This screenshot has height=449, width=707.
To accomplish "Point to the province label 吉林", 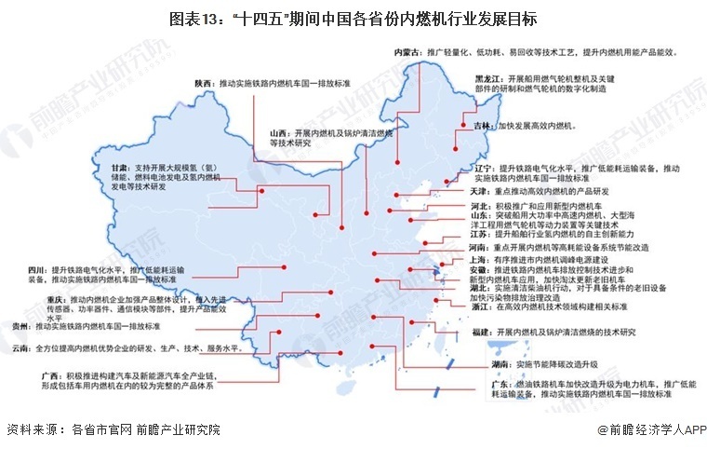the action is pyautogui.click(x=483, y=125).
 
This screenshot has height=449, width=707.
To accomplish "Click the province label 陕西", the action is pyautogui.click(x=205, y=84).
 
